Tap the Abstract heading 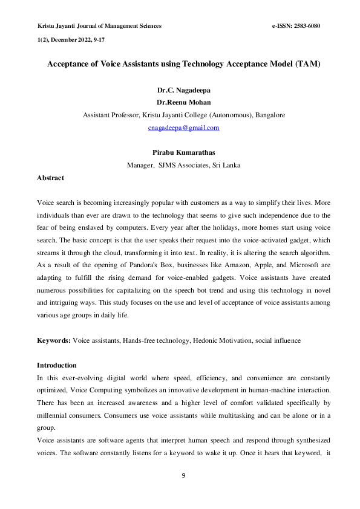pos(51,178)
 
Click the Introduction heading pos(57,365)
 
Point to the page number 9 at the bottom pos(183,476)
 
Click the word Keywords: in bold pos(54,341)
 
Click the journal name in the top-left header pos(100,26)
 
